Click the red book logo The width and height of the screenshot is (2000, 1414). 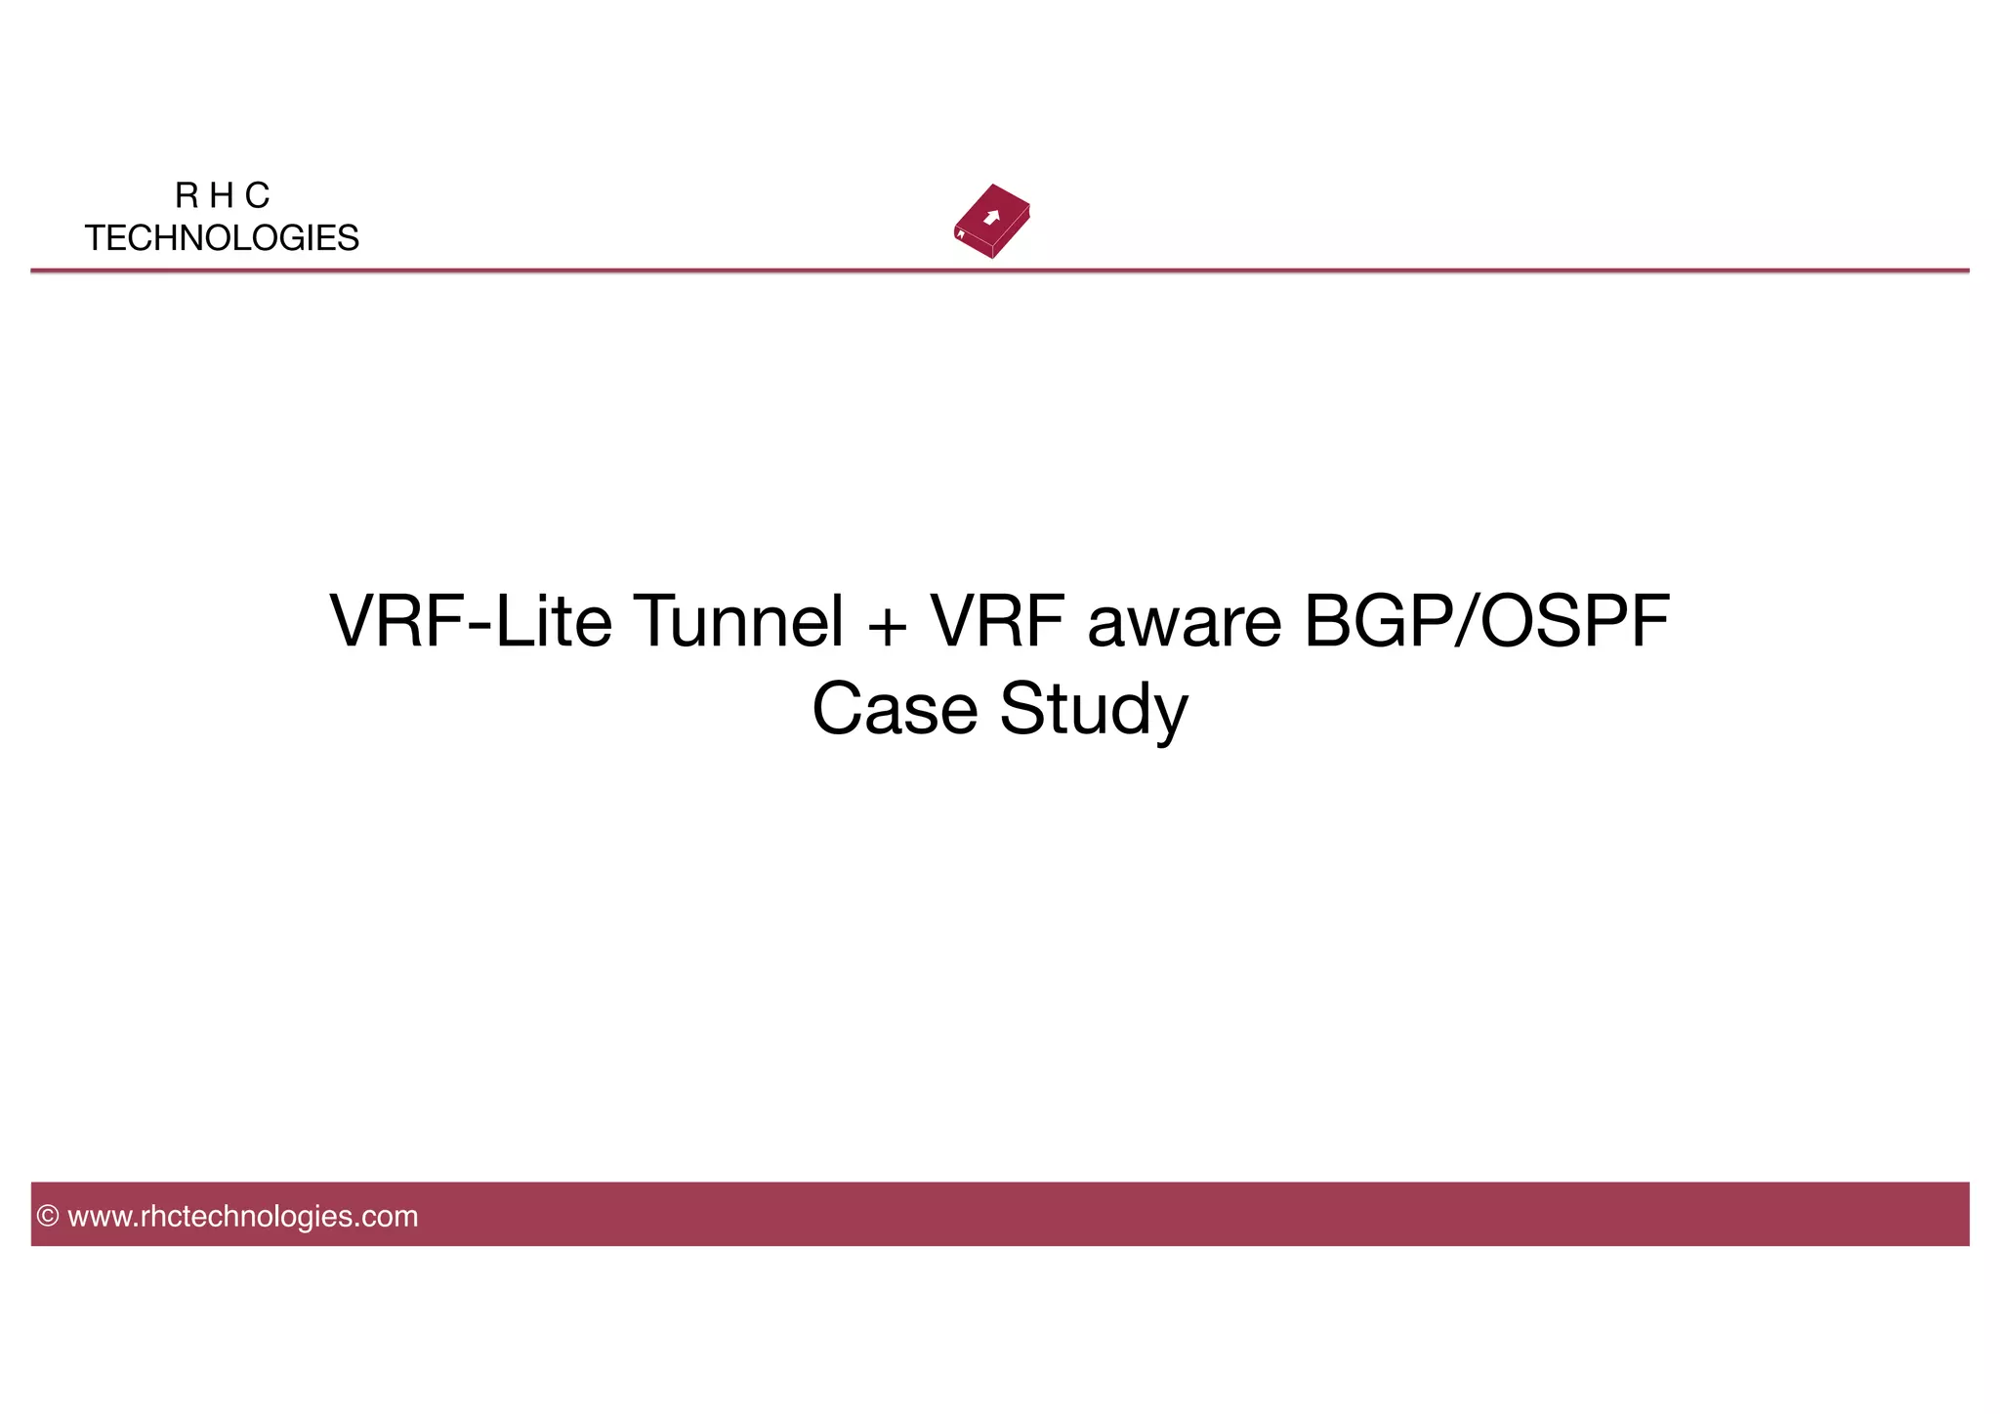pos(992,222)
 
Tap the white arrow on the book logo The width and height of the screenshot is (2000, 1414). pos(992,217)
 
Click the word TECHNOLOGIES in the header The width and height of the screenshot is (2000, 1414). pos(222,238)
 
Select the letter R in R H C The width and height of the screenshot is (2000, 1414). pos(187,196)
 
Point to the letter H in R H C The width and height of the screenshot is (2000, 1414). pos(222,196)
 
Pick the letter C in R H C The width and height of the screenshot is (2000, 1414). pos(257,196)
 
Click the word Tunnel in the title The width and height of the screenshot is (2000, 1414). pos(738,621)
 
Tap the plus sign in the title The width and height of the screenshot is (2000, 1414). pos(887,625)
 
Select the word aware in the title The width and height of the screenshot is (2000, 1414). pos(1184,625)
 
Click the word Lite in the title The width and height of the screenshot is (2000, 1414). pos(553,621)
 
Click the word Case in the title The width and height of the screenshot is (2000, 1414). pos(895,709)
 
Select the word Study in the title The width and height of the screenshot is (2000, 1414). pos(1094,711)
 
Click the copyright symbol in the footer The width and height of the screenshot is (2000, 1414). pos(48,1217)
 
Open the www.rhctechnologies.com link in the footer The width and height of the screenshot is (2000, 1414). pos(242,1217)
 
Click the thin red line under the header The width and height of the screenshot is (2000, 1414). pos(1000,270)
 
